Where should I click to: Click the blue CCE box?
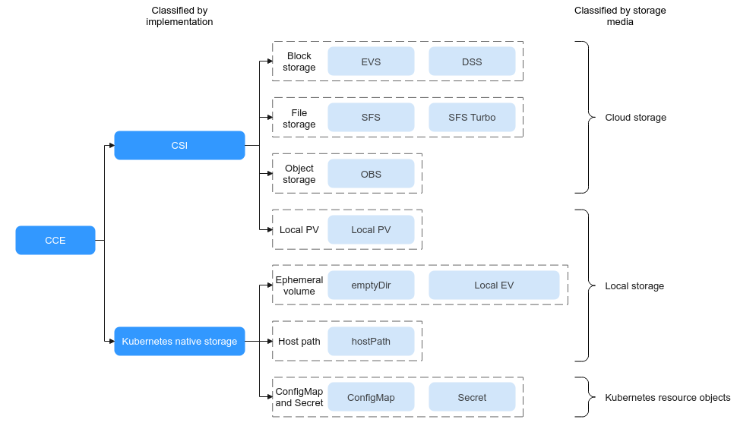(55, 240)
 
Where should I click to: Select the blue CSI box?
(179, 145)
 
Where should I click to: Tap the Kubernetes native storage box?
(179, 342)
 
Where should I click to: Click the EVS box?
(371, 61)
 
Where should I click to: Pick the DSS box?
(472, 61)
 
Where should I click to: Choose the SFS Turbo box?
(472, 118)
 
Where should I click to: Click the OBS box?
(371, 174)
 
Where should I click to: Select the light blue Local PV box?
(371, 229)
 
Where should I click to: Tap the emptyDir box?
(371, 285)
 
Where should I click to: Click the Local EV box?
(494, 285)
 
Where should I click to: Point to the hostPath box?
(371, 342)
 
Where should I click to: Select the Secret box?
(472, 397)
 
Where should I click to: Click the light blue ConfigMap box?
(371, 397)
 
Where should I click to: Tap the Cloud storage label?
(635, 118)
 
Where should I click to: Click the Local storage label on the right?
(634, 286)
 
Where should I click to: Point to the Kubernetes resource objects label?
(668, 398)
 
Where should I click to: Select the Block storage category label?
(299, 61)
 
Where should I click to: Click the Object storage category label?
(299, 174)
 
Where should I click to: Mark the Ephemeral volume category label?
(299, 285)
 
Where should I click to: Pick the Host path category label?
(299, 342)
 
